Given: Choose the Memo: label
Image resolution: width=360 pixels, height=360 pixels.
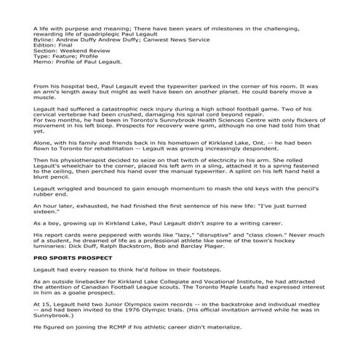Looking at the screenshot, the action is [44, 73].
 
